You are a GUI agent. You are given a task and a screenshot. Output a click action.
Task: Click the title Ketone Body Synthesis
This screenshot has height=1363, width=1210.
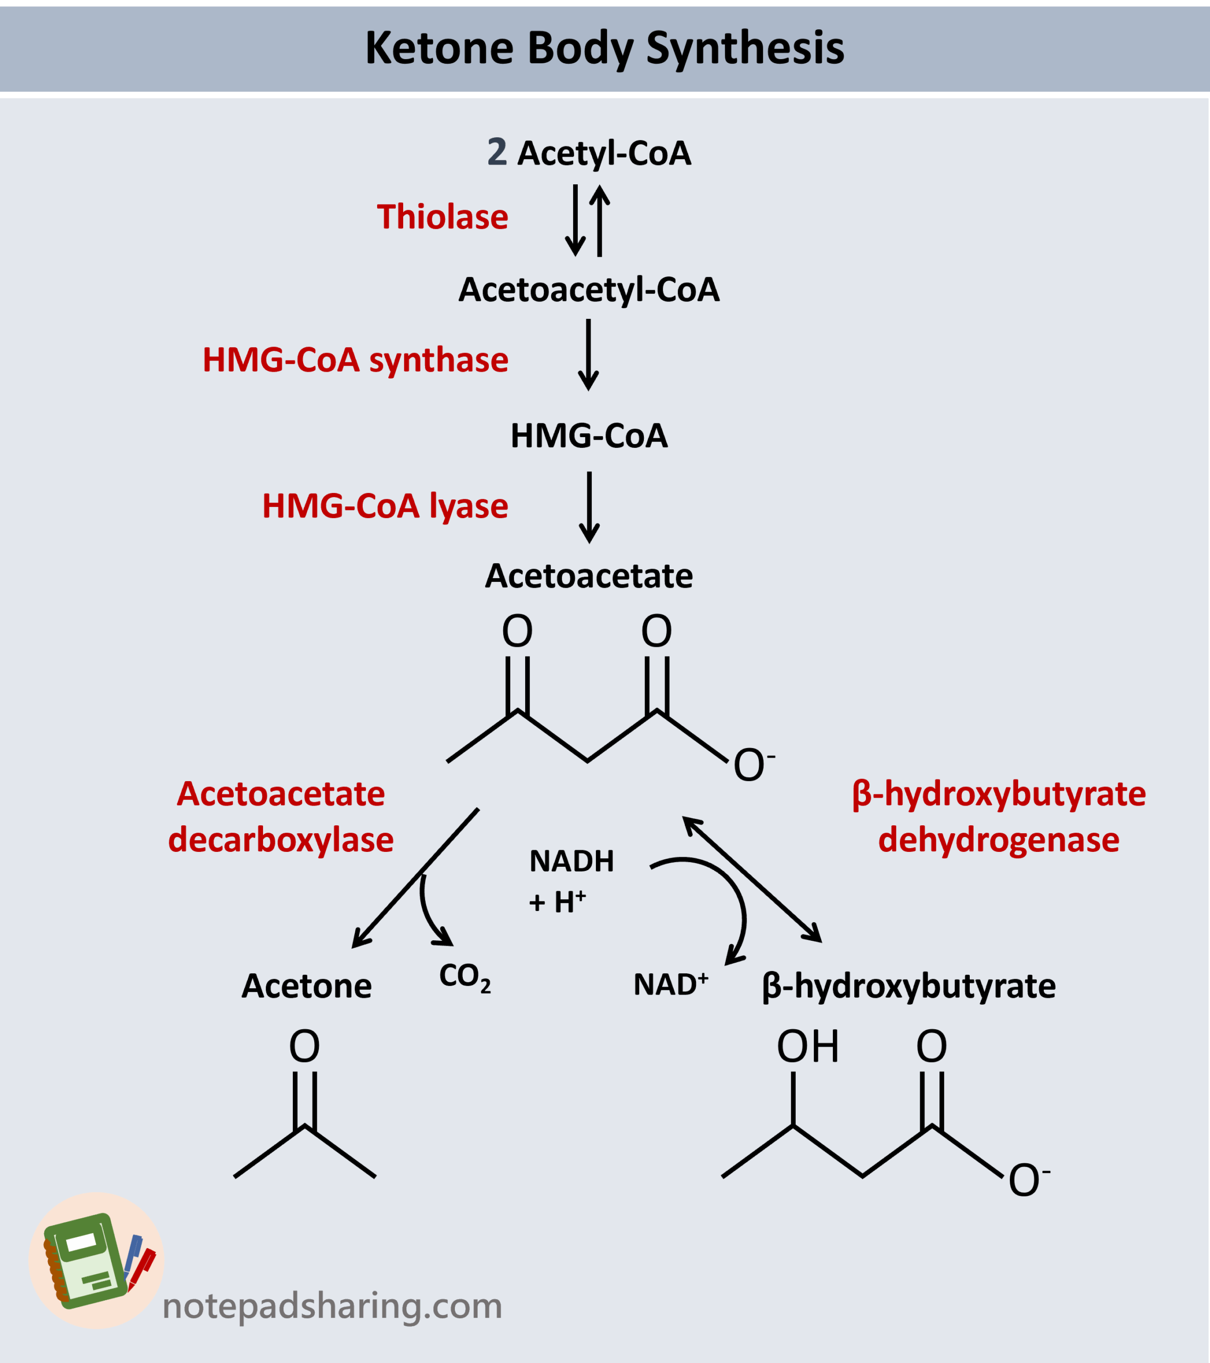coord(604,48)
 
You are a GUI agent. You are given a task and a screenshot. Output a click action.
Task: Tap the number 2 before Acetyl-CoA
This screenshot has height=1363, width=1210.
coord(497,152)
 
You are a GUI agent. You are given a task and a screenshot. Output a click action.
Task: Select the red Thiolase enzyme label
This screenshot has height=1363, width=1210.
coord(442,217)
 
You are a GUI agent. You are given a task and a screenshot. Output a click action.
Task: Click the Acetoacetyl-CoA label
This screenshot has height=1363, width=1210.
coord(589,290)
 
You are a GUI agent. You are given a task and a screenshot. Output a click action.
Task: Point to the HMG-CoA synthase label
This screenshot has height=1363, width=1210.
coord(356,360)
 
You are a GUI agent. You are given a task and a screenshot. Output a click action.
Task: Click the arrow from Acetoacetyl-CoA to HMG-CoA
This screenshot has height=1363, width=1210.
coord(587,355)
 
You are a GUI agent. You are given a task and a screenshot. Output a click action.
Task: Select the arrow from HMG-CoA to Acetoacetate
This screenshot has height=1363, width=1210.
coord(589,507)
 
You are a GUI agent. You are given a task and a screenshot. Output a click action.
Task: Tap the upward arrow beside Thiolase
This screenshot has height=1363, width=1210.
coord(600,220)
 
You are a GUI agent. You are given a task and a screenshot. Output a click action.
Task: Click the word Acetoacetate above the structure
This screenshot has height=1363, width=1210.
coord(588,576)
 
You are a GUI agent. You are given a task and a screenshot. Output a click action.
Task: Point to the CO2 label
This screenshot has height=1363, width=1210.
coord(465,978)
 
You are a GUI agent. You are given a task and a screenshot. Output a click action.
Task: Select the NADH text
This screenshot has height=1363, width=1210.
coord(571,861)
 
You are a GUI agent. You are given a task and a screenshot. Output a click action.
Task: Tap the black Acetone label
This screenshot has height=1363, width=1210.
coord(306,986)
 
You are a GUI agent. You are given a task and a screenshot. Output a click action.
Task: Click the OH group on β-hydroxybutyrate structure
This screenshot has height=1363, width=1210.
coord(807,1047)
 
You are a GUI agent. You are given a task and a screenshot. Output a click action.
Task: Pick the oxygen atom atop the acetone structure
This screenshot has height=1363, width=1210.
coord(304,1047)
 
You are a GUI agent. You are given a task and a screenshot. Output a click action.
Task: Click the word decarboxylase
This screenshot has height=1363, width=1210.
coord(281,840)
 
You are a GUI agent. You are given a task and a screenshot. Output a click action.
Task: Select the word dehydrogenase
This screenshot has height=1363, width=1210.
coord(999,840)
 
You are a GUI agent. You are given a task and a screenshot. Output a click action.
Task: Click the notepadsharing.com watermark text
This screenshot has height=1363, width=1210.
coord(332,1305)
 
